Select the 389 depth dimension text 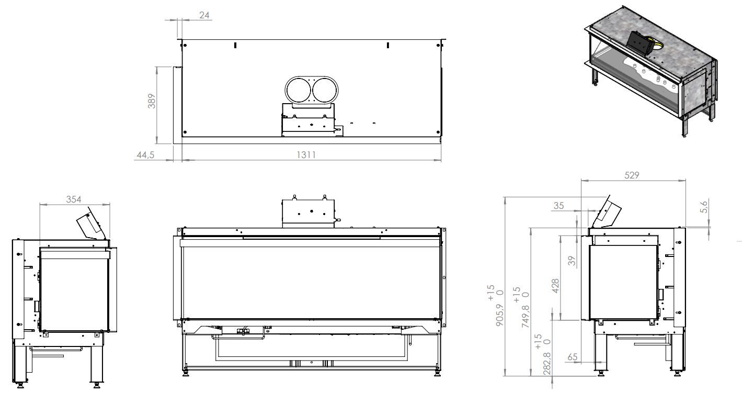[x=152, y=100]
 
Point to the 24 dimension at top [x=204, y=15]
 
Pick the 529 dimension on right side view [x=632, y=175]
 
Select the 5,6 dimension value [x=704, y=207]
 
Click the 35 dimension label [x=558, y=206]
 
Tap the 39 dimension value [x=572, y=261]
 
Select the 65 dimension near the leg [x=572, y=357]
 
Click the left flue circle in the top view [x=297, y=90]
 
